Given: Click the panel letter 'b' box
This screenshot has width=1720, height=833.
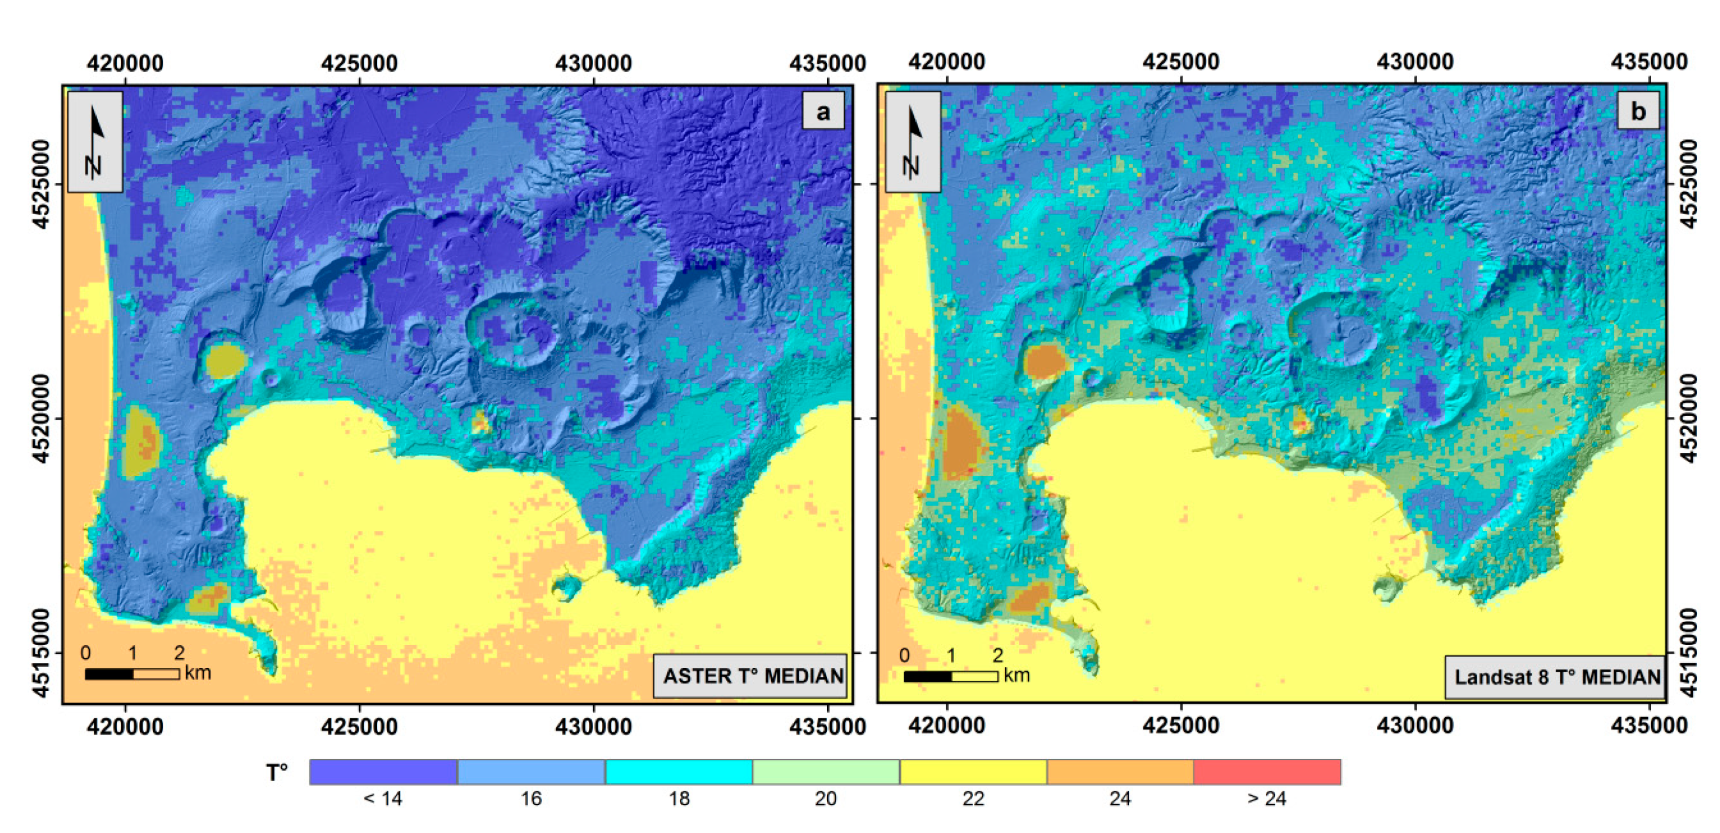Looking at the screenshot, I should (x=1637, y=111).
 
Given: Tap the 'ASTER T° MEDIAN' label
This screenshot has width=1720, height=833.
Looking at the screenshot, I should (x=752, y=676).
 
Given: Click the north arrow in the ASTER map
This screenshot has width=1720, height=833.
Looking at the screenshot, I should (x=95, y=142).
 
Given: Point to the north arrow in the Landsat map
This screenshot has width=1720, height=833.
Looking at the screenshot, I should (x=913, y=142).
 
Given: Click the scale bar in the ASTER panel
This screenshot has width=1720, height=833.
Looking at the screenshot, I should (x=132, y=674).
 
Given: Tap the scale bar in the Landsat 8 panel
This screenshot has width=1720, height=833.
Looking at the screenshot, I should (x=950, y=676).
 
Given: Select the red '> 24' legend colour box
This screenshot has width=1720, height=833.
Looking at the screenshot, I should (x=1267, y=772).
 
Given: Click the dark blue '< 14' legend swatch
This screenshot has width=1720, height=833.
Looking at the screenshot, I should (x=384, y=772).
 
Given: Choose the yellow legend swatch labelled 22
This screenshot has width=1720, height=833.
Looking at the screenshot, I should (x=973, y=772).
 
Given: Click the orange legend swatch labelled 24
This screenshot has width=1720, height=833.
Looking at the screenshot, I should (x=1120, y=772).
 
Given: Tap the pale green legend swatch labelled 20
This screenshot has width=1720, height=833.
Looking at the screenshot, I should (x=826, y=772).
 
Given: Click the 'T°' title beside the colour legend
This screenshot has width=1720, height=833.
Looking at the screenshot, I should (x=276, y=773).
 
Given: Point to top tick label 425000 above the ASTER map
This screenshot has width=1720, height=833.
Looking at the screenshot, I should (x=359, y=63).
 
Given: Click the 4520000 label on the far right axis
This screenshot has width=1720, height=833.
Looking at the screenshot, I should (x=1686, y=418).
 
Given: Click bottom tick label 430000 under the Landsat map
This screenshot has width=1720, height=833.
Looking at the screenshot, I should (x=1415, y=725).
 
